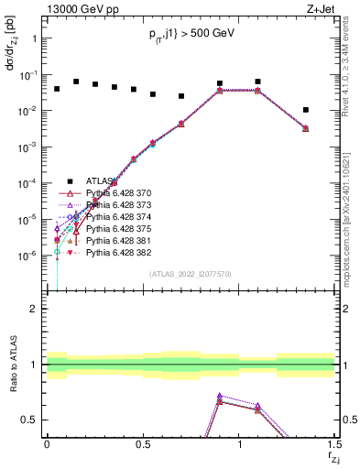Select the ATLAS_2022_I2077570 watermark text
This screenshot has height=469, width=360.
tap(191, 273)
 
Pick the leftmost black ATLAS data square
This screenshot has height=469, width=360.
tap(57, 89)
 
